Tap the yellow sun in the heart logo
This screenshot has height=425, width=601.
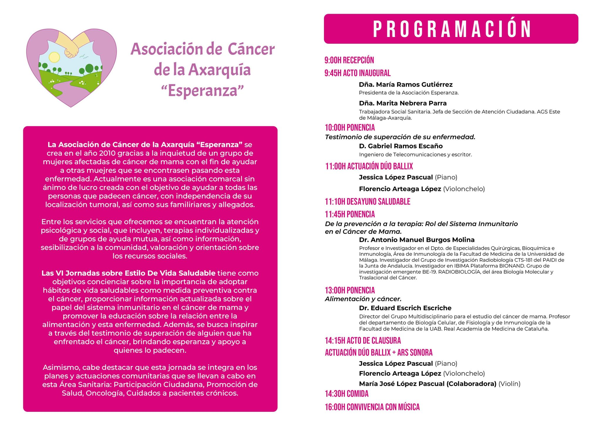(x=54, y=57)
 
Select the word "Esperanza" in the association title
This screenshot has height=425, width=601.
(x=202, y=90)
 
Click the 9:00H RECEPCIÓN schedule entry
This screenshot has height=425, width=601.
(x=349, y=60)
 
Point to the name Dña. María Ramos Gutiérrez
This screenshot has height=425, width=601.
(x=406, y=85)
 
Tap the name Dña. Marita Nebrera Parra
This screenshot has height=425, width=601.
(x=403, y=103)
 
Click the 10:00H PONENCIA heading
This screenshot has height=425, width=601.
(x=350, y=128)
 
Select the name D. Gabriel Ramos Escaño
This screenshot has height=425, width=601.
(x=401, y=146)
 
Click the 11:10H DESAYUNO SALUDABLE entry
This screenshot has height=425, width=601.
(x=367, y=202)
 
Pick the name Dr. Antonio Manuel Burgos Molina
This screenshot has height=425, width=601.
(x=417, y=240)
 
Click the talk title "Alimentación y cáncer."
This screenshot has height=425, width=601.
(x=363, y=299)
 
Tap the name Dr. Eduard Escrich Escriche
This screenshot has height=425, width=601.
(x=405, y=308)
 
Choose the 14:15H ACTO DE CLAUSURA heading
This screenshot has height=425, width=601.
(x=363, y=340)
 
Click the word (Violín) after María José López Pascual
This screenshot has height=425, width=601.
(x=509, y=384)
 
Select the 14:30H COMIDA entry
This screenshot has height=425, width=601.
(x=347, y=394)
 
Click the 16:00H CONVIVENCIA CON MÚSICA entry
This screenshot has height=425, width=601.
(x=372, y=407)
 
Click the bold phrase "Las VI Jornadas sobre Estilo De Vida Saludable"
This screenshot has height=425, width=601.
(x=129, y=273)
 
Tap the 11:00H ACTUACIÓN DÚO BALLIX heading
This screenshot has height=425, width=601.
(x=369, y=166)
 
